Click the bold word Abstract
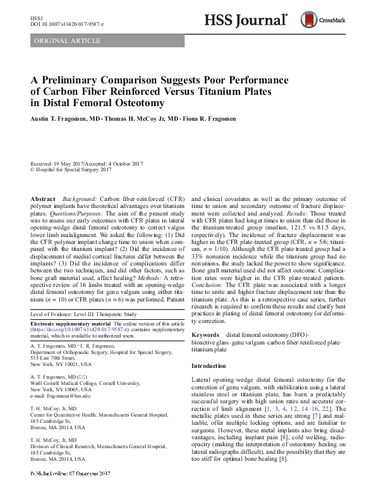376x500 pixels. point(44,198)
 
